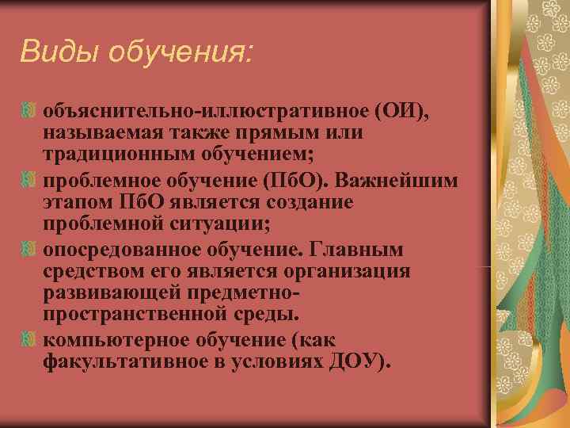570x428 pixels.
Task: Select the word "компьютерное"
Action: tap(109, 341)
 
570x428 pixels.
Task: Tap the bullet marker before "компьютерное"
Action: tap(29, 341)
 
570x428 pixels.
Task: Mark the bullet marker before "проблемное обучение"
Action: tap(29, 182)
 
